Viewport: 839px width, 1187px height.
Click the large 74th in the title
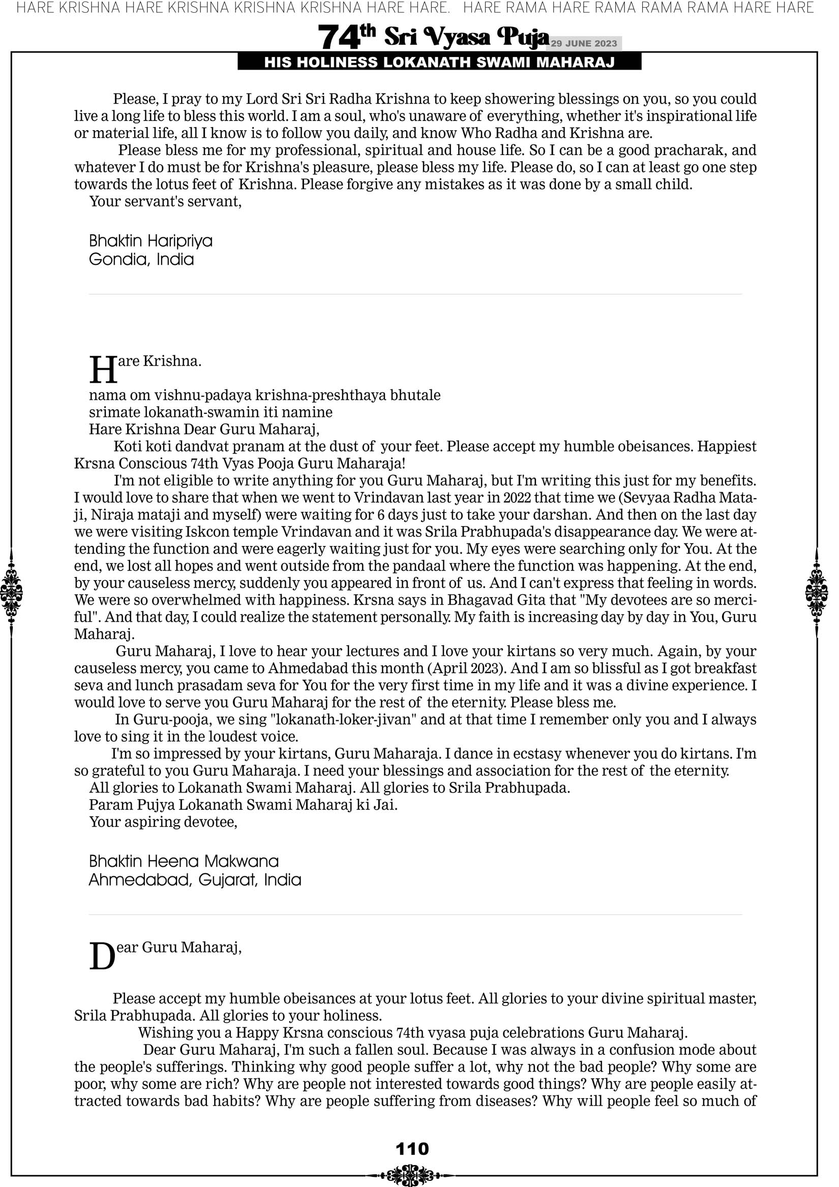coord(346,37)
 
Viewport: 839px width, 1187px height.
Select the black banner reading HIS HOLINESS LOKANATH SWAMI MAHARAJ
coord(439,63)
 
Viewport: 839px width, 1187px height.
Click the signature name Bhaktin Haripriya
coord(151,241)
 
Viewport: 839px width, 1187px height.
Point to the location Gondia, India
coord(141,259)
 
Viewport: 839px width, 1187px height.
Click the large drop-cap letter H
coord(103,370)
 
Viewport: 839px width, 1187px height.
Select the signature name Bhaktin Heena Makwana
coord(184,861)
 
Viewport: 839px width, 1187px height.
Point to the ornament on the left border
coord(11,592)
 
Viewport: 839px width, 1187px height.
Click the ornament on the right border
coord(817,592)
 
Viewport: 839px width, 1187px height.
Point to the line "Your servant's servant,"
coord(166,202)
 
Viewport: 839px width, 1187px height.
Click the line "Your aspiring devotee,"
coord(163,822)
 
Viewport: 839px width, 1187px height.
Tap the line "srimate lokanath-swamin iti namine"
coord(211,413)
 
